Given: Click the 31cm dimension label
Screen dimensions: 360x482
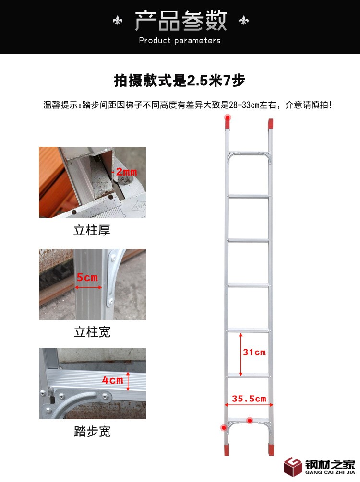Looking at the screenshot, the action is [254, 352].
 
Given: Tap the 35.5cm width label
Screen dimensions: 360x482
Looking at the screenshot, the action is [249, 399].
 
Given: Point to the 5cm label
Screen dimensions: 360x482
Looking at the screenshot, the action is [87, 278].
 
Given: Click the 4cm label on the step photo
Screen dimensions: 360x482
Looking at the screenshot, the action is [113, 380].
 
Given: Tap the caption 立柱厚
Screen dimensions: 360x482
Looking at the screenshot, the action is [92, 230].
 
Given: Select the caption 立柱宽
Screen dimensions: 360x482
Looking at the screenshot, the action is [92, 332].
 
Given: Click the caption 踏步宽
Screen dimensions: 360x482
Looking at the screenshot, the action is [92, 432].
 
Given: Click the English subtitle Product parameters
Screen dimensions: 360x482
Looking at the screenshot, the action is [180, 41].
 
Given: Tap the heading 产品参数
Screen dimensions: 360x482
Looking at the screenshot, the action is [180, 21].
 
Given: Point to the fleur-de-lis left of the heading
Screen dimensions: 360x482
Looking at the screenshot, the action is [118, 21].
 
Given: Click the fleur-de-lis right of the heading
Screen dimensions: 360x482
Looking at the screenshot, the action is [244, 20].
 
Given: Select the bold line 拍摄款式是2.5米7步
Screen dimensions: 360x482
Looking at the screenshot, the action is [180, 81].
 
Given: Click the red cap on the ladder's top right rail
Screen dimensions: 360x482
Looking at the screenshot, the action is [270, 124].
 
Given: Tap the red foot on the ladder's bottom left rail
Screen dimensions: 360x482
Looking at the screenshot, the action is [227, 449].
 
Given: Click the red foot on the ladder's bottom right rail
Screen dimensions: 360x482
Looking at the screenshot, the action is [271, 449].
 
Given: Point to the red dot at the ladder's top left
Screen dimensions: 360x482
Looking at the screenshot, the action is [228, 117].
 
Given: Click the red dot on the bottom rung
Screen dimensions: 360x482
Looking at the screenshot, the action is [250, 420].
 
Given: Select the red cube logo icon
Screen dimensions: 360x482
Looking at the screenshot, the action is [293, 467].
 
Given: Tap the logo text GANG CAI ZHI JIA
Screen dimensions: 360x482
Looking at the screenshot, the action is [330, 472].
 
